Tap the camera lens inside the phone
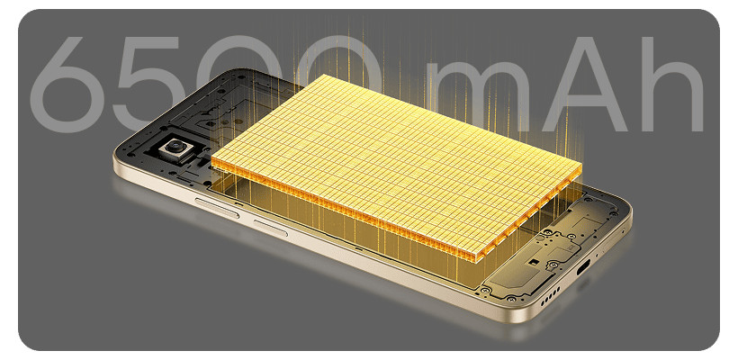tap(175, 146)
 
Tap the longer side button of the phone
tap(217, 208)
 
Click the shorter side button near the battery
tap(270, 228)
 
